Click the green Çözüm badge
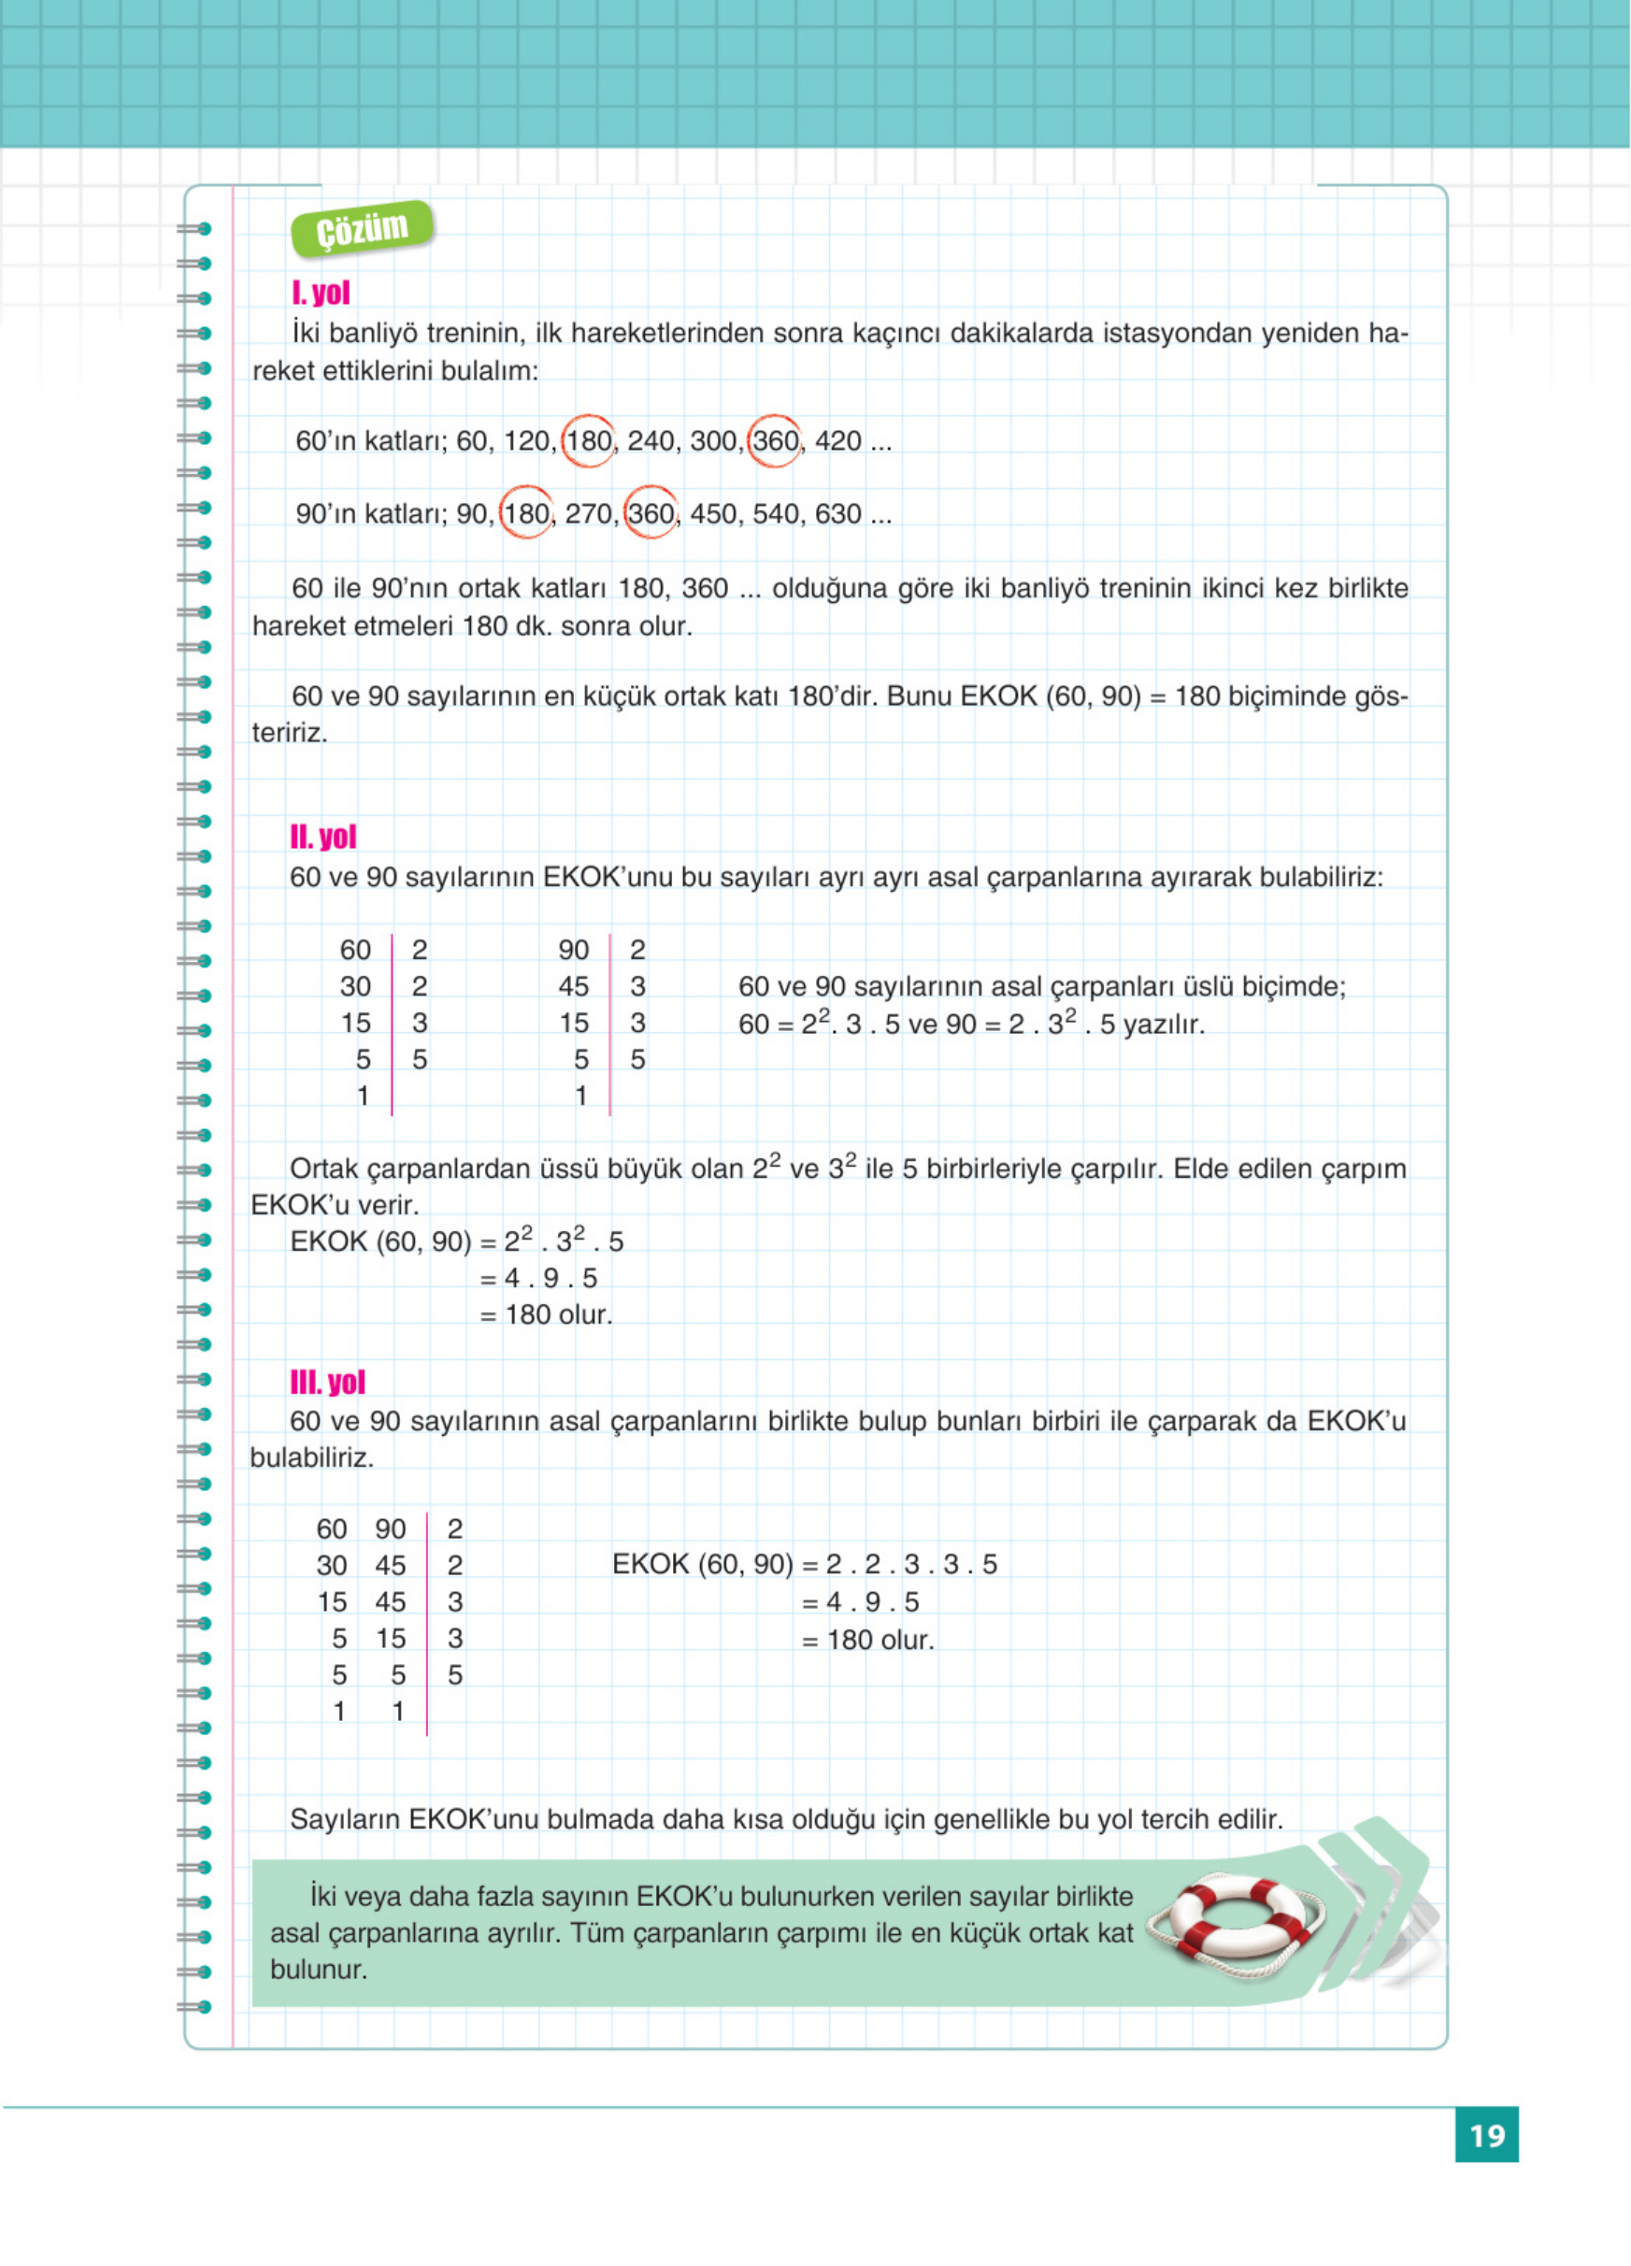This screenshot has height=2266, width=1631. (363, 229)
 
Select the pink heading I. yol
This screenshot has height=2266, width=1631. (321, 293)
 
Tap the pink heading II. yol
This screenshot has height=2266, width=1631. (322, 837)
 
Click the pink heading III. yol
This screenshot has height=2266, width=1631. (327, 1382)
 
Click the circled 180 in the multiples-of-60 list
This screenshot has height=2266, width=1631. (588, 440)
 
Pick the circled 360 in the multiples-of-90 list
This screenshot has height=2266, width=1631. (651, 513)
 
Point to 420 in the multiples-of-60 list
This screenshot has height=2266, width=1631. (838, 440)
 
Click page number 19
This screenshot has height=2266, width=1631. (1486, 2135)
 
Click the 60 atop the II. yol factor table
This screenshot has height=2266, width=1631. (354, 949)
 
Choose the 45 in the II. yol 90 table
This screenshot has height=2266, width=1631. (573, 986)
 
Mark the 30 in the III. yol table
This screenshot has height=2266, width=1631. (332, 1566)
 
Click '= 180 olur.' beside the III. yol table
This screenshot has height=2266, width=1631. (868, 1640)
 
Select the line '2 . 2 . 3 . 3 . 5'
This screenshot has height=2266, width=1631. (911, 1564)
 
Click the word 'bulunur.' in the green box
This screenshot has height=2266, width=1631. (319, 1971)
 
